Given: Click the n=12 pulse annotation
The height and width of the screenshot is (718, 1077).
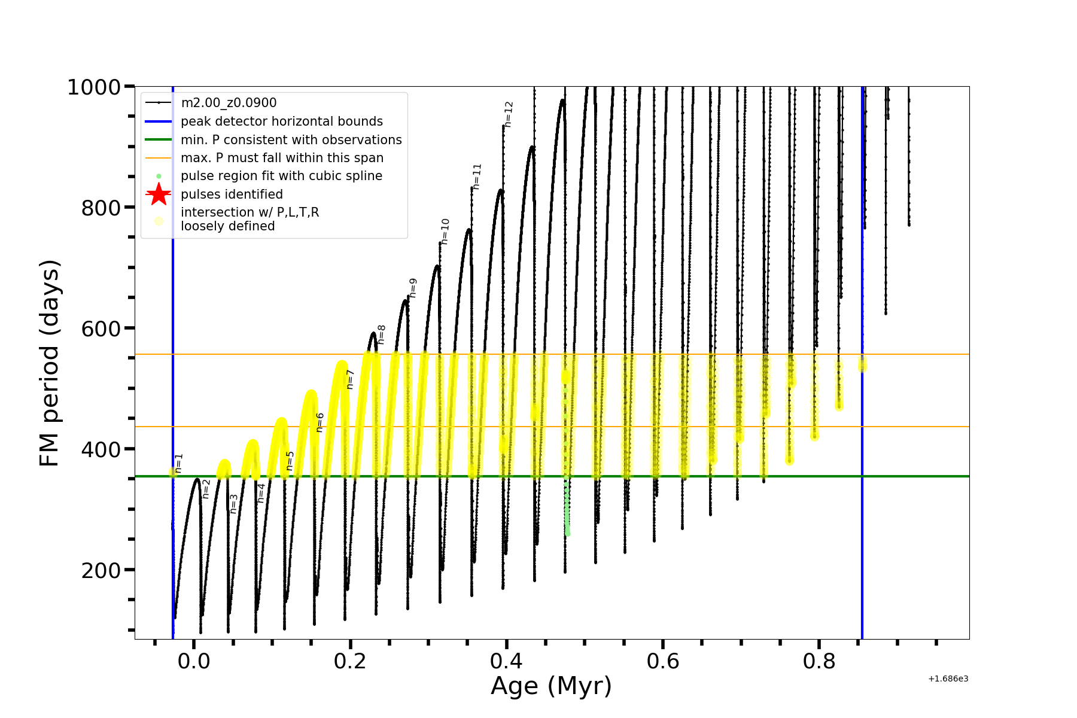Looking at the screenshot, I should click(x=509, y=114).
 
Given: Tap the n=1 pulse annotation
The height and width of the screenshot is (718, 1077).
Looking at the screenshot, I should click(x=179, y=463).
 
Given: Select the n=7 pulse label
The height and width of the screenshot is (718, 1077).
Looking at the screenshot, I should click(x=351, y=379).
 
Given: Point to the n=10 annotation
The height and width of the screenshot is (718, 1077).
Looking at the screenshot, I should click(x=445, y=231).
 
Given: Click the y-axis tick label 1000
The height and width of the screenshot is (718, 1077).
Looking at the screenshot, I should click(x=94, y=87).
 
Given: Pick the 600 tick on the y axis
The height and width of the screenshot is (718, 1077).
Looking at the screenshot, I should click(x=101, y=328).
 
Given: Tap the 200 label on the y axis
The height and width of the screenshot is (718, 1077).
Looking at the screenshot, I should click(x=101, y=570).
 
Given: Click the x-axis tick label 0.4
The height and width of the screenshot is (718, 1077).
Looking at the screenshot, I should click(x=506, y=661).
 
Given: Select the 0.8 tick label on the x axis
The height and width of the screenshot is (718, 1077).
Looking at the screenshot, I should click(x=819, y=661).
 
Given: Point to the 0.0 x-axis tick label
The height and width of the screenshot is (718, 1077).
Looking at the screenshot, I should click(x=194, y=661).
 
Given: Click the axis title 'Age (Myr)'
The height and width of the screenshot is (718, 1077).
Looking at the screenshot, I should click(x=551, y=686).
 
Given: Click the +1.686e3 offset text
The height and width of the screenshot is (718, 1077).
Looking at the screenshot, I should click(x=948, y=679).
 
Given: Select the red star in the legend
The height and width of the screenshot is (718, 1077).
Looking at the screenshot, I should click(x=159, y=194).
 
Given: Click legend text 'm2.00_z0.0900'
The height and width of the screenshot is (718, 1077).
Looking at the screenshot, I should click(x=229, y=103).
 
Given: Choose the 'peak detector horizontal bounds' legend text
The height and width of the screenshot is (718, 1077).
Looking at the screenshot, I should click(x=281, y=121).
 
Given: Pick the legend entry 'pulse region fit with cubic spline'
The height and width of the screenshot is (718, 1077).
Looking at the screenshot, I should click(x=281, y=176).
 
